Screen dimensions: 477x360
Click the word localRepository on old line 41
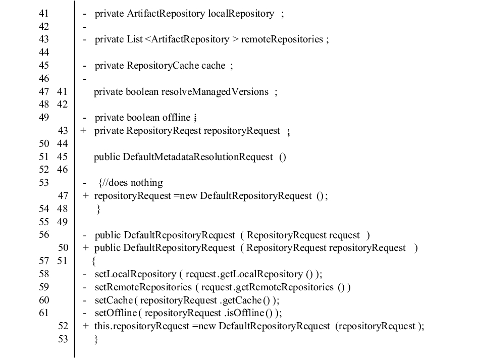(x=241, y=14)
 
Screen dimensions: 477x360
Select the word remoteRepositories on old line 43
(x=282, y=39)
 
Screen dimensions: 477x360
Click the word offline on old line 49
(x=176, y=118)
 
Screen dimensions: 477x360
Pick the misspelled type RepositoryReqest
(x=164, y=131)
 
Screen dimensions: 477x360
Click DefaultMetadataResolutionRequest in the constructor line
(x=198, y=157)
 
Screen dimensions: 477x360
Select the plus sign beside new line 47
(x=86, y=196)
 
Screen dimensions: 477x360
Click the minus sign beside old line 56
(x=85, y=236)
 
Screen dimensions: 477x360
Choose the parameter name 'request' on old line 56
(x=344, y=235)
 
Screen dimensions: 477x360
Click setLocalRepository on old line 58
(x=135, y=274)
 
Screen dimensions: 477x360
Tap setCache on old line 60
(x=114, y=300)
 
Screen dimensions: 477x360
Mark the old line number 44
(x=44, y=53)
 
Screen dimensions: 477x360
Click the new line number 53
(x=63, y=339)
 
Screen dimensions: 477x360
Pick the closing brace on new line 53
(x=96, y=340)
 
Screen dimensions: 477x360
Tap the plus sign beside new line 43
(x=83, y=131)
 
